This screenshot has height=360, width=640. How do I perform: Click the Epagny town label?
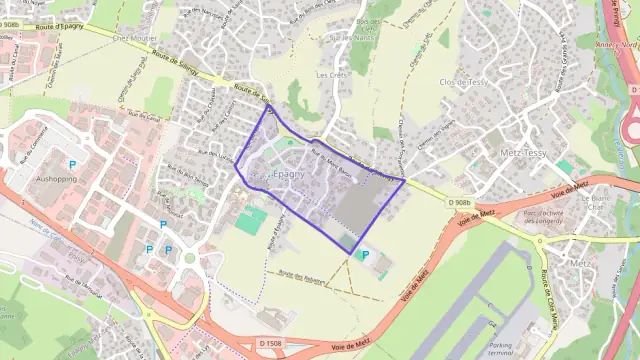(x=290, y=174)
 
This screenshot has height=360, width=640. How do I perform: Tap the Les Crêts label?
(x=330, y=75)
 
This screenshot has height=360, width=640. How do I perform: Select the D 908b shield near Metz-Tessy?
(x=460, y=202)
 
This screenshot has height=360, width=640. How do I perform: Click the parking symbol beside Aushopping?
(x=72, y=163)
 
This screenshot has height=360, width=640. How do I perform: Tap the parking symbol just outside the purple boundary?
(x=364, y=255)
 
